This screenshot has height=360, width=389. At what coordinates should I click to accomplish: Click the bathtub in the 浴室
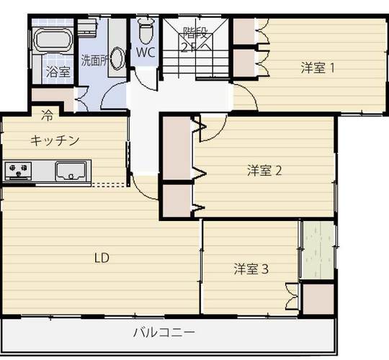pos(53,40)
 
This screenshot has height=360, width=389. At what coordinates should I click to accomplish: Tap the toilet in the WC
pos(145,31)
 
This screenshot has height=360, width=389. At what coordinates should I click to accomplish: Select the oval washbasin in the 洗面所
pos(117,59)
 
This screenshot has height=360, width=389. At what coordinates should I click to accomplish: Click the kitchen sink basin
pos(71,171)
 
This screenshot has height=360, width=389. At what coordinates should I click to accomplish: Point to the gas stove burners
pos(18,171)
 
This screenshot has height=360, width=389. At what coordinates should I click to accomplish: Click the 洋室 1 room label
pos(317,68)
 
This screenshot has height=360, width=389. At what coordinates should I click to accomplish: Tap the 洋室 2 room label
pos(264,171)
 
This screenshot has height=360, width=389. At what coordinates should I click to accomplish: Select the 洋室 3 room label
pos(251,269)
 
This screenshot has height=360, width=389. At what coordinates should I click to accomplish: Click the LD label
pos(102,258)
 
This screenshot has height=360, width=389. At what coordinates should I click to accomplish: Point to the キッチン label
pos(55,140)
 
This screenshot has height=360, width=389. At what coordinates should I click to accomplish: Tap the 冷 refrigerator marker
pos(47,115)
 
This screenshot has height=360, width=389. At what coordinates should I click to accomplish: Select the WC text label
pos(146,53)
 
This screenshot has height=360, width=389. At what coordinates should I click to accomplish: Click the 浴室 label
pos(58,72)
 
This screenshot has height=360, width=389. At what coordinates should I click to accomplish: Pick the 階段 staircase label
pos(195,32)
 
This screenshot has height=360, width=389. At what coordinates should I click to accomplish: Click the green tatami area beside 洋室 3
pos(318,250)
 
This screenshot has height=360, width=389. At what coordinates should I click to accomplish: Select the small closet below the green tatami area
pos(318,300)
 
